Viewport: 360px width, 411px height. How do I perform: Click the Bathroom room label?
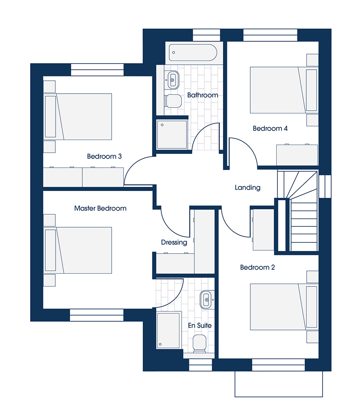pos(203,95)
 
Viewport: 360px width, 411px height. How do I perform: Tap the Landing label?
pos(248,187)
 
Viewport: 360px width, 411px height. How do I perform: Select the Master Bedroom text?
pos(100,209)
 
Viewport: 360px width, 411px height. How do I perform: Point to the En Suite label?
pos(200,325)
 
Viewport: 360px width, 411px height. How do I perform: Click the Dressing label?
pos(174,242)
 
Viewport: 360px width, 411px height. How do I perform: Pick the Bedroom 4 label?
pos(270,129)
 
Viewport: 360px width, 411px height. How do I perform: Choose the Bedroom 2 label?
pos(258,268)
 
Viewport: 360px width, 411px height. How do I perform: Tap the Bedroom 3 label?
pos(104,156)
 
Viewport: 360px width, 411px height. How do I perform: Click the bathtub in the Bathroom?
pos(193,53)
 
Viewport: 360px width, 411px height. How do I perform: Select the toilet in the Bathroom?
pos(173,101)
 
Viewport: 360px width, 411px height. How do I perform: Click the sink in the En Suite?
pos(206,299)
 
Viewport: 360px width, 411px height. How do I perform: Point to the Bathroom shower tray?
pos(172,134)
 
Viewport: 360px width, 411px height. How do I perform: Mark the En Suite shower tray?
pos(168,330)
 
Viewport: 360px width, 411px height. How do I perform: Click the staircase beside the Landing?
pos(298,211)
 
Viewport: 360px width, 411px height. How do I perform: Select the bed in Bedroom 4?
pos(283,90)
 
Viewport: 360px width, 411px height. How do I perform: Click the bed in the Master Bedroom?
pos(78,250)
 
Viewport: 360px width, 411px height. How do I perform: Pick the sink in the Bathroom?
pos(173,80)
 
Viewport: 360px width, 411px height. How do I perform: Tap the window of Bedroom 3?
pos(97,70)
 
